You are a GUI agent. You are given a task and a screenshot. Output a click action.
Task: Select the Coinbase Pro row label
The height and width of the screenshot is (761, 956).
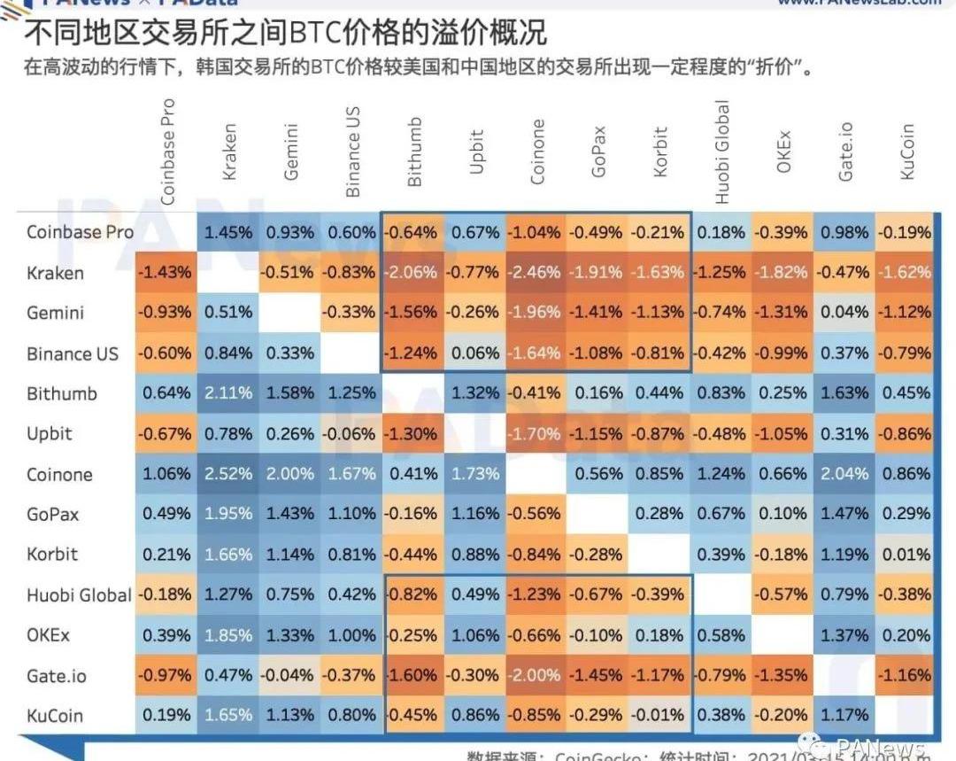(x=80, y=232)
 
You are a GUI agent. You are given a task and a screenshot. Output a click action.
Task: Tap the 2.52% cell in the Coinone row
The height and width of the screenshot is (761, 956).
(x=228, y=474)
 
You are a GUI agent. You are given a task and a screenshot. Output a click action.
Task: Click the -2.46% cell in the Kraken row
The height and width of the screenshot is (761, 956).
(x=535, y=273)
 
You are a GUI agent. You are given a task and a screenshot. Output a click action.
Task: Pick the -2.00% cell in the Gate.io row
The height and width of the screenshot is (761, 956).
(x=535, y=676)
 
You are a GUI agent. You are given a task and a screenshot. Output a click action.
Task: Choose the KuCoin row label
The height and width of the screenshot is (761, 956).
(x=55, y=716)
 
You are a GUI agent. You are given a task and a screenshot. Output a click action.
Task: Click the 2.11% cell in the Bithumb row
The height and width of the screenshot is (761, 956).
(x=228, y=393)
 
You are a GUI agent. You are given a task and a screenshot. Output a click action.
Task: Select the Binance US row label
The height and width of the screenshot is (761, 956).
(x=72, y=353)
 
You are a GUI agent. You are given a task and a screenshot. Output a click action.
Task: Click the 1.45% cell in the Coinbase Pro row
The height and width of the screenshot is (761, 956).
(x=228, y=232)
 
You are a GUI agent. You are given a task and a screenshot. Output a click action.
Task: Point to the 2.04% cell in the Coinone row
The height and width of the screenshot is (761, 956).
(x=844, y=474)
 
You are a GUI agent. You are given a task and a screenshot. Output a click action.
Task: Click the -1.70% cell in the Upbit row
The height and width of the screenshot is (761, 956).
(x=535, y=434)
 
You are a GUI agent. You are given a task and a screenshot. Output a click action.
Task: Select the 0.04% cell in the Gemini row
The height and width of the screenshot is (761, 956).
(x=844, y=313)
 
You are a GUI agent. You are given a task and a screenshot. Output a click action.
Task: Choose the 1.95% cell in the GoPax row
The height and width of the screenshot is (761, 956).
(x=228, y=515)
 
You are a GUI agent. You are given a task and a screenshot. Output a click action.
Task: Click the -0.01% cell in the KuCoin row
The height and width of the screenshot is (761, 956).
(x=658, y=716)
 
